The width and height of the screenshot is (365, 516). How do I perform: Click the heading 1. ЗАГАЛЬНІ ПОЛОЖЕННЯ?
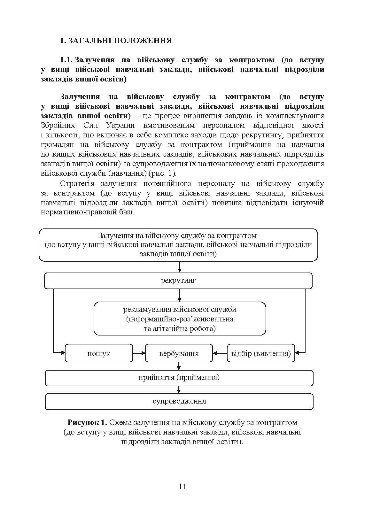[116, 41]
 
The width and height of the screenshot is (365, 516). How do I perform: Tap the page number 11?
[182, 487]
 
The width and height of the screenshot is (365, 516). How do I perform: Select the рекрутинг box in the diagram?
[178, 281]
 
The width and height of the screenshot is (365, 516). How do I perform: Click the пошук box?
[99, 353]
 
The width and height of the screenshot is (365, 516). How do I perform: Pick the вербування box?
[179, 353]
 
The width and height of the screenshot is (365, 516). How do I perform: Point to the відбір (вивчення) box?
[261, 353]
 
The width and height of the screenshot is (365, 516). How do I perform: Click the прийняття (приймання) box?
[179, 378]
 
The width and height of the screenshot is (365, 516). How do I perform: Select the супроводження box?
[179, 401]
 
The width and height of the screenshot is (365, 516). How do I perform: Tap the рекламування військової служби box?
[180, 319]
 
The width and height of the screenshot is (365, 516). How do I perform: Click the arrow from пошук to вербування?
[139, 353]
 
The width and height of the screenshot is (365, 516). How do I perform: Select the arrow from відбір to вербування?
[220, 353]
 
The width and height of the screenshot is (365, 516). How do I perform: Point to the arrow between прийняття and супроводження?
[179, 390]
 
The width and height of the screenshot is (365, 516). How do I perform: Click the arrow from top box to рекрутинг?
[180, 267]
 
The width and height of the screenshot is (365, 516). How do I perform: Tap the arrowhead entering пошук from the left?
[63, 353]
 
